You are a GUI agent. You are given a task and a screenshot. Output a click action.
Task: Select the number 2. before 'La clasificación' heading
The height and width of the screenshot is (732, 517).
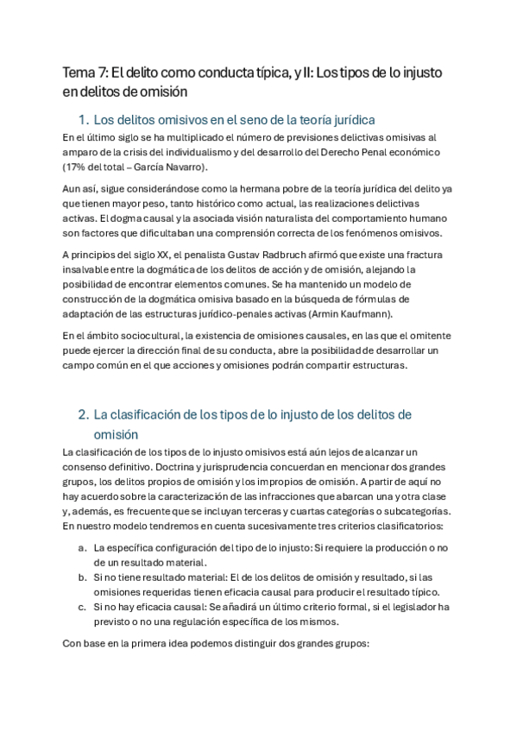pos(83,414)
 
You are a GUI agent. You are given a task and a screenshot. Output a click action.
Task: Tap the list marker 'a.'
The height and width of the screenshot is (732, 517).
pos(82,548)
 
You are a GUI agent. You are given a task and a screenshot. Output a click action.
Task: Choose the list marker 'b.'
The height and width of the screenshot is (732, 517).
pos(82,577)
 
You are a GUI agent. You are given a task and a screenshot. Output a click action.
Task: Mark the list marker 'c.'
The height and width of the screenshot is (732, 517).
pos(82,607)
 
